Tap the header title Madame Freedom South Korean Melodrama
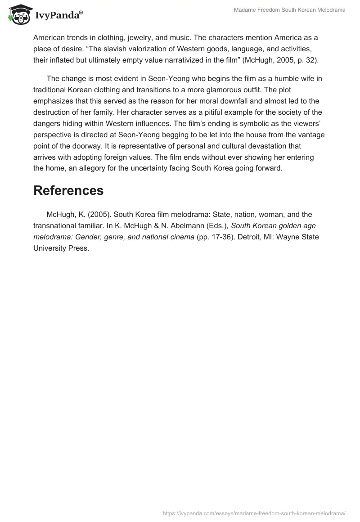(x=290, y=10)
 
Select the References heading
(x=68, y=190)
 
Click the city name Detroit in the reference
(x=233, y=237)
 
